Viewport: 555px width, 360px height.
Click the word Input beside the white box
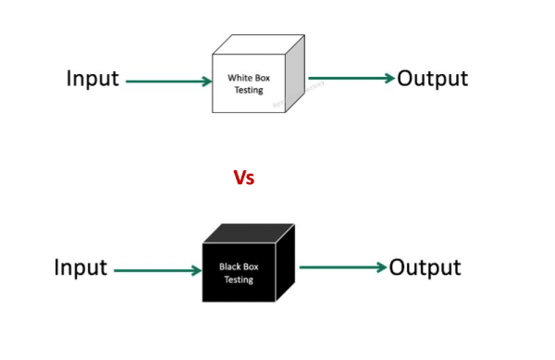pyautogui.click(x=92, y=80)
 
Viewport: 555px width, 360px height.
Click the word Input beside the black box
pyautogui.click(x=80, y=269)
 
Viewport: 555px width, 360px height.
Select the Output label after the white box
pyautogui.click(x=432, y=79)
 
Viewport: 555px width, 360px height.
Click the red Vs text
pyautogui.click(x=243, y=178)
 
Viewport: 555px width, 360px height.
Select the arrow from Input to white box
pyautogui.click(x=166, y=81)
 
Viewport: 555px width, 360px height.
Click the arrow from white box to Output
pyautogui.click(x=351, y=79)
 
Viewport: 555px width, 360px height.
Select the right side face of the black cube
pyautogui.click(x=285, y=264)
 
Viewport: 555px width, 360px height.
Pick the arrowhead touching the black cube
pyautogui.click(x=196, y=270)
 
